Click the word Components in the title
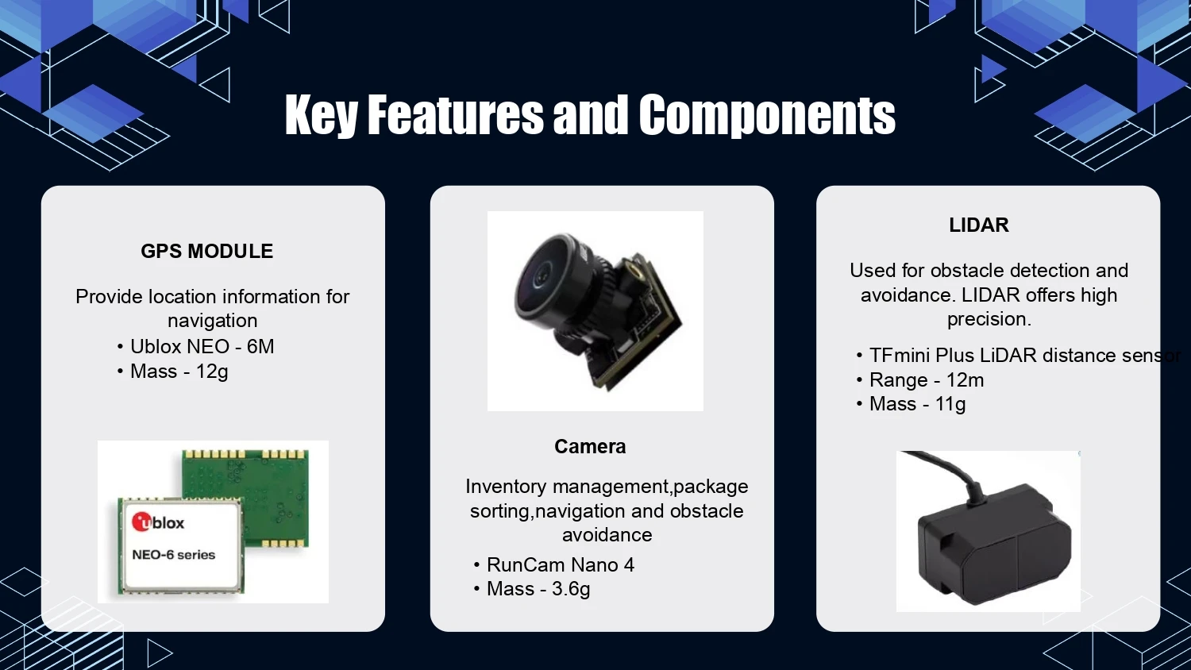click(767, 116)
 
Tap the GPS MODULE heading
click(206, 251)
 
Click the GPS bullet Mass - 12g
click(179, 372)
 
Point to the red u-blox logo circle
click(142, 522)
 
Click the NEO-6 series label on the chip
click(173, 555)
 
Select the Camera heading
click(590, 447)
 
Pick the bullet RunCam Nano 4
click(561, 564)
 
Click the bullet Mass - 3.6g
click(538, 589)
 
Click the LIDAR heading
click(979, 225)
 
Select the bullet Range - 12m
click(927, 380)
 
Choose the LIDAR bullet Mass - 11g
click(917, 404)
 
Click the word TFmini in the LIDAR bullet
click(900, 355)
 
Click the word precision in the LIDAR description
click(989, 319)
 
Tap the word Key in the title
click(321, 116)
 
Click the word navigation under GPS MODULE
click(212, 321)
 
